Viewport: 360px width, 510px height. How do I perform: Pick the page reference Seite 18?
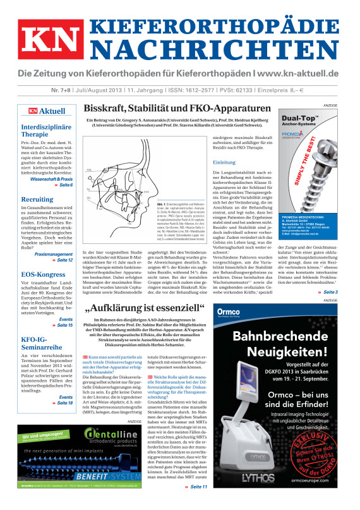(x=63, y=402)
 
